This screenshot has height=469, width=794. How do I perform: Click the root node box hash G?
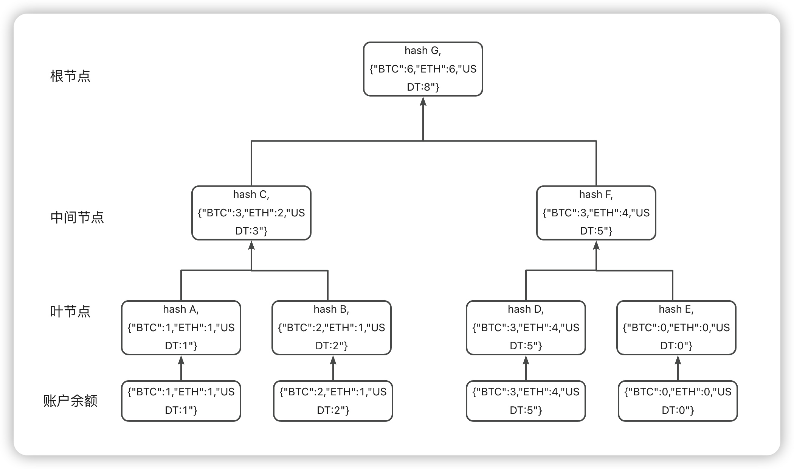pos(423,69)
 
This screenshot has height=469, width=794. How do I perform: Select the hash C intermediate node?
pos(251,213)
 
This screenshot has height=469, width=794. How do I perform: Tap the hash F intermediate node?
pos(596,213)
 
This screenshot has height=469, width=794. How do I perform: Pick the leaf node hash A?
pos(181,327)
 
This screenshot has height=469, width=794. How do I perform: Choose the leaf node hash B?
pos(332,327)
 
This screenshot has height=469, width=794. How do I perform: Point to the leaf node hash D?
pos(526,327)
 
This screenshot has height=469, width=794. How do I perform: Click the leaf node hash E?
pos(676,327)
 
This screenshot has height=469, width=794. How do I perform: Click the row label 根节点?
pos(70,76)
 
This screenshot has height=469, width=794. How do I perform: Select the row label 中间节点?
pos(77,217)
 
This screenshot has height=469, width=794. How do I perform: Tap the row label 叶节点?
pos(70,312)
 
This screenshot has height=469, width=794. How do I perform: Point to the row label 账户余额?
pos(70,401)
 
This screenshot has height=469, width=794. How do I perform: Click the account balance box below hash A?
pos(181,401)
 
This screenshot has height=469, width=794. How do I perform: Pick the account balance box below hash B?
pos(333,401)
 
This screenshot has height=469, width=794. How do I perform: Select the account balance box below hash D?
pos(526,401)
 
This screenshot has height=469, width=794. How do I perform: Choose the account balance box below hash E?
pos(678,401)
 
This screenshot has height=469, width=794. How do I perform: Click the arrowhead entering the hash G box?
pos(423,101)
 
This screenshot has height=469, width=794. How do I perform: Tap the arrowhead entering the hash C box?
pos(251,245)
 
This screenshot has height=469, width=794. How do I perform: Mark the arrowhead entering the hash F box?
pos(596,245)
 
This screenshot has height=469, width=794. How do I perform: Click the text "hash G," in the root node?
pos(423,51)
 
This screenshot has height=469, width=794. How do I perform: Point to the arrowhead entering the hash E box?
pos(678,360)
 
